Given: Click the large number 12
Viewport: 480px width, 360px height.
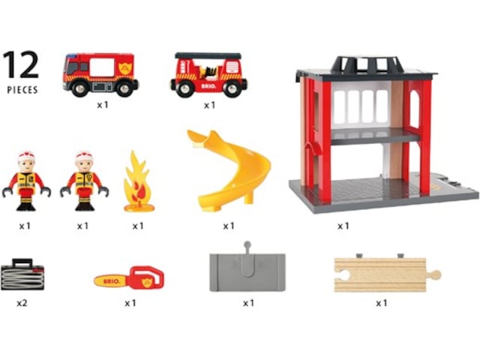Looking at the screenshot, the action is pos(21,64).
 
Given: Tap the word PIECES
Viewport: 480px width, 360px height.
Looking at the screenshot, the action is pos(22,90).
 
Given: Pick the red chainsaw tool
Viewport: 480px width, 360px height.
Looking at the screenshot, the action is pos(129,278).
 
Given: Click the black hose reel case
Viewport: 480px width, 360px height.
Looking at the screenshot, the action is pos(22,274).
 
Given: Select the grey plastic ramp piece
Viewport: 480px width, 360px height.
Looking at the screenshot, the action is pos(247,268).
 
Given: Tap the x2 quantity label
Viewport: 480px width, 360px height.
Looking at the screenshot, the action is pos(22,303).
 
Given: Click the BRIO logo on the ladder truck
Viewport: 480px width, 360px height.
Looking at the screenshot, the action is pos(208,86).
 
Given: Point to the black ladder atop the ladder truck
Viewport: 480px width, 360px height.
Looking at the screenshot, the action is pos(208,55).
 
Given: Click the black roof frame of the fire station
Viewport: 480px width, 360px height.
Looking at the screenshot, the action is pos(367,65).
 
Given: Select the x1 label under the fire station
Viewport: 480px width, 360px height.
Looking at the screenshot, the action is pos(343,226).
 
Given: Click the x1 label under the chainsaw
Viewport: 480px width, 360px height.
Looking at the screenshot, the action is pos(130,303).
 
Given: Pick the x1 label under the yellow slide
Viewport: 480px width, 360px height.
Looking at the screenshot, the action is pos(228,226).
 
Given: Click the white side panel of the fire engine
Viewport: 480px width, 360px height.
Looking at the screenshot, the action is pos(102,67).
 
